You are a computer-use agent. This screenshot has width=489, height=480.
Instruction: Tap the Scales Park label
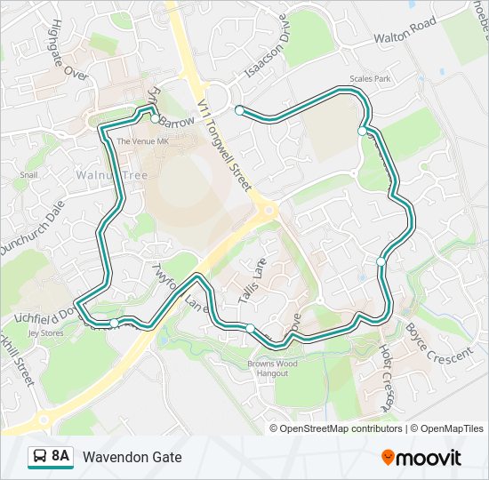tap(371, 79)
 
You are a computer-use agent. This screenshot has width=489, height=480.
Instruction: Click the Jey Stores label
tap(46, 333)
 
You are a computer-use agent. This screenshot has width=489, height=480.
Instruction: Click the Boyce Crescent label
tap(439, 344)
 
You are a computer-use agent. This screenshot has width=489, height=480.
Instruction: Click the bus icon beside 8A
tap(39, 457)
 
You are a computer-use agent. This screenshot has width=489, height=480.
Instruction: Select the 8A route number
tap(60, 457)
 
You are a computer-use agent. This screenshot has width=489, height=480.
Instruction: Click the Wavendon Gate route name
tap(132, 457)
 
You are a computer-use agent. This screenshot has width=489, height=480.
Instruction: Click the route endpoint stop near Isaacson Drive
tap(239, 110)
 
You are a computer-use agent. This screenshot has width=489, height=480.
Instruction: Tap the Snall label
tap(29, 175)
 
